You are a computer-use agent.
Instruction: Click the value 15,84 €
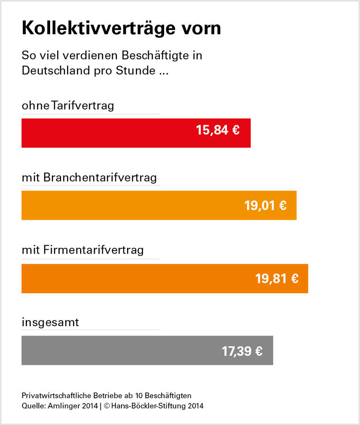[218, 130]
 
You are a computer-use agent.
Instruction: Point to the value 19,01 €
[265, 205]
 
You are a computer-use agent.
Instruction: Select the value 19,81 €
[277, 279]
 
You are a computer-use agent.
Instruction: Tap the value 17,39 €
[242, 351]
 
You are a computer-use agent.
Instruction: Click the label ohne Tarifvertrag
[68, 105]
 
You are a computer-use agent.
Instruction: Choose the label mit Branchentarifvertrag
[89, 178]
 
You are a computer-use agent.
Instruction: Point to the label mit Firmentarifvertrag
[82, 250]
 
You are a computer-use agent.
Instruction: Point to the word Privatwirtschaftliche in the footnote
[55, 395]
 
